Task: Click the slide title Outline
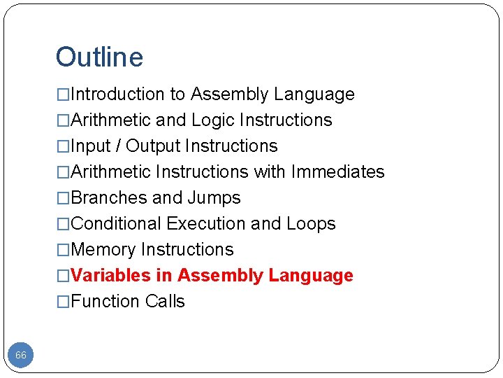[x=99, y=57]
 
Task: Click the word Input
[x=91, y=146]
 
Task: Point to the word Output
[x=153, y=146]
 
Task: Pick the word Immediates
[x=337, y=172]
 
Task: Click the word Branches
[x=109, y=198]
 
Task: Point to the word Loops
[x=311, y=224]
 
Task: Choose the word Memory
[x=103, y=250]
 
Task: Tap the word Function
[x=105, y=302]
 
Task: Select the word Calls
[x=166, y=302]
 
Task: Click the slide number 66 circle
[x=21, y=355]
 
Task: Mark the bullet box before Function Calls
[x=63, y=302]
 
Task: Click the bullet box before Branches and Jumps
[x=63, y=198]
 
